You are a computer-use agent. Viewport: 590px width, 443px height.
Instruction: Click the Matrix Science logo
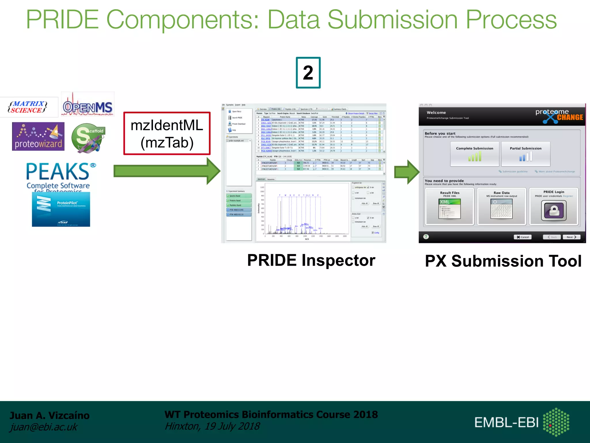click(x=28, y=107)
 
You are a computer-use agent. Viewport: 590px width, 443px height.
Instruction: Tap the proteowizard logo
click(x=38, y=137)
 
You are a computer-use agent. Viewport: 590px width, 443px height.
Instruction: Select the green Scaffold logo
click(x=88, y=138)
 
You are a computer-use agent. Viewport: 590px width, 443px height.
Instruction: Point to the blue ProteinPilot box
click(x=61, y=209)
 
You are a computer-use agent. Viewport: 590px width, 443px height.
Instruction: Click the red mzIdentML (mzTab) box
click(x=167, y=134)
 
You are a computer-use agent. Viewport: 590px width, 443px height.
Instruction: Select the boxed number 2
click(x=308, y=73)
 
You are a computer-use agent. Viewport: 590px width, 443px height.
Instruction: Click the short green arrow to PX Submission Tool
click(x=406, y=172)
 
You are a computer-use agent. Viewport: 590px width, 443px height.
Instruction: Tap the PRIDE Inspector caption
click(x=311, y=260)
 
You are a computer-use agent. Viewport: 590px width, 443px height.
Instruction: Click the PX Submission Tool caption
click(x=503, y=261)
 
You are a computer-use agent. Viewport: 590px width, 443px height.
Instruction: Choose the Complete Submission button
click(x=474, y=154)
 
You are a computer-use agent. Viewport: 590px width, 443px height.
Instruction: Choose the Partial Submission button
click(x=525, y=154)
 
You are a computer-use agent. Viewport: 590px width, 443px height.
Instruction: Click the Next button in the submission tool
click(x=571, y=237)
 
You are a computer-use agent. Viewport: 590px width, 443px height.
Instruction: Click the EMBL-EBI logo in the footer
click(x=522, y=422)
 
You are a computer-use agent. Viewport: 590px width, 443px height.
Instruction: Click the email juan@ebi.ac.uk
click(x=44, y=427)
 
